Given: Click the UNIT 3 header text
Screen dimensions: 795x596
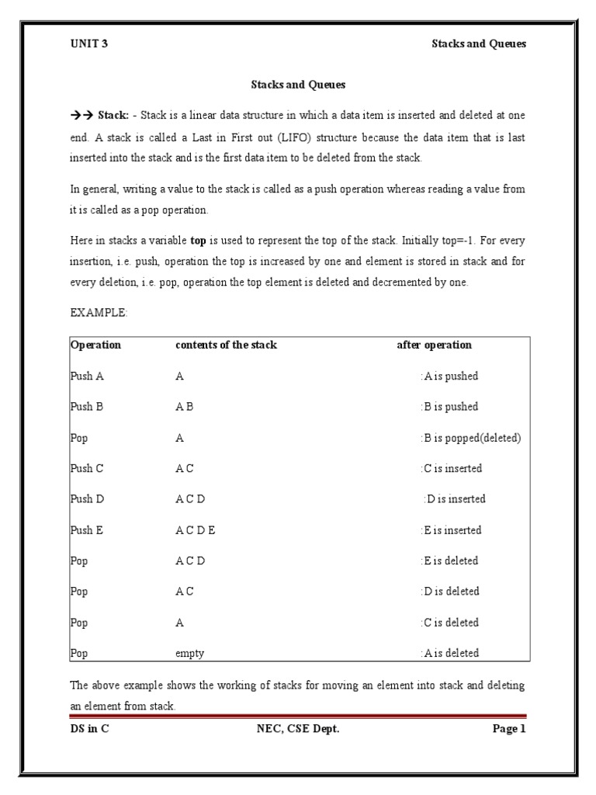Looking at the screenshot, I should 88,43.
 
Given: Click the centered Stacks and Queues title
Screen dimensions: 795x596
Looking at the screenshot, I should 297,84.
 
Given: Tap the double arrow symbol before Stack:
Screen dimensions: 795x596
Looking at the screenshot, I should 81,115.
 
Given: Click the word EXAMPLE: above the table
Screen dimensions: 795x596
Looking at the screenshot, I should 97,314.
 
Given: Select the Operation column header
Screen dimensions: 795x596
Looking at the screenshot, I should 95,345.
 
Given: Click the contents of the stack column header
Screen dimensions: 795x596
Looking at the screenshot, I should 226,345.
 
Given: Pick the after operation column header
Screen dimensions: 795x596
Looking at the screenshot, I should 434,345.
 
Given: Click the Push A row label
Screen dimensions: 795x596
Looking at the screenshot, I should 87,377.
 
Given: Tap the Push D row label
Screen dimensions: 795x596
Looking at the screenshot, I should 87,499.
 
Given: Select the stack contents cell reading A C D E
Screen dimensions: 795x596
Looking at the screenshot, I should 195,530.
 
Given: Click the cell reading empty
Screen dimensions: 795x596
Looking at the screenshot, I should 189,654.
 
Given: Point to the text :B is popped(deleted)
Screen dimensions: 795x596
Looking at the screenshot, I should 470,438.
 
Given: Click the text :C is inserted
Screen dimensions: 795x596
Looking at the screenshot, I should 451,468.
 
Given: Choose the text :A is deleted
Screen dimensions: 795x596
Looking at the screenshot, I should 449,654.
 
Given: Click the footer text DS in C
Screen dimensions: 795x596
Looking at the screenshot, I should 90,728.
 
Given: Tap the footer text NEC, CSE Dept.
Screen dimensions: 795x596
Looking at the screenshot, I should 297,728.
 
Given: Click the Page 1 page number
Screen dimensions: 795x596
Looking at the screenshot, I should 509,728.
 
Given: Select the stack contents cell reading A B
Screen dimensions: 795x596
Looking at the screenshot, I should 184,407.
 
